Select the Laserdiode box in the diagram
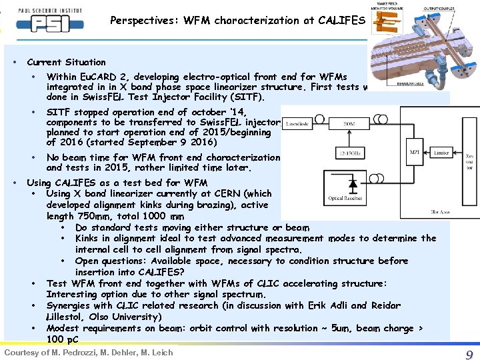pyautogui.click(x=298, y=124)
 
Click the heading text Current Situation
pyautogui.click(x=66, y=62)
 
